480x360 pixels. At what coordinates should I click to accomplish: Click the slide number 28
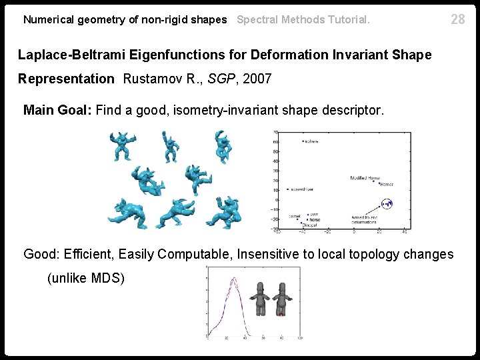point(458,19)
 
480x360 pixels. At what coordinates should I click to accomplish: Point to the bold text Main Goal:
point(58,110)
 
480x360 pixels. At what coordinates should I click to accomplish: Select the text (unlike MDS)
point(86,278)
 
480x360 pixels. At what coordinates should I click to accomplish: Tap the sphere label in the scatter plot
point(311,141)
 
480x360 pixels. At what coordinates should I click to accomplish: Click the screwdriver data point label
point(304,189)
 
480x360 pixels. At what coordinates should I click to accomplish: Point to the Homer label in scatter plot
point(386,184)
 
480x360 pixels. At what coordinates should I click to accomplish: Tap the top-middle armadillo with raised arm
point(171,145)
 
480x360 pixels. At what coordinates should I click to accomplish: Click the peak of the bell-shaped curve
point(233,278)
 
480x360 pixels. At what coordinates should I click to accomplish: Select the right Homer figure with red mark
point(281,299)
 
